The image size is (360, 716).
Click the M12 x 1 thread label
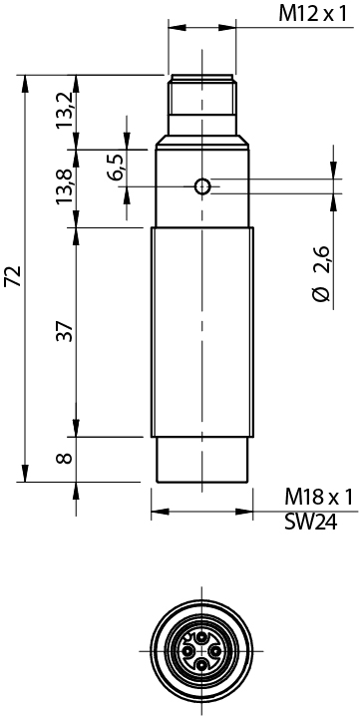point(313,15)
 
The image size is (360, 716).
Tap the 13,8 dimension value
point(65,186)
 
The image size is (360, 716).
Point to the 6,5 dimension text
point(116,168)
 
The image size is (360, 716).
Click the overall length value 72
point(14,276)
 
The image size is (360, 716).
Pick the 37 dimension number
point(65,331)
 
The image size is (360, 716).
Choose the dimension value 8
point(65,458)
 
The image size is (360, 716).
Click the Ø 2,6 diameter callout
point(322,273)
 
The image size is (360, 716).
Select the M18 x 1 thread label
point(319,498)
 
